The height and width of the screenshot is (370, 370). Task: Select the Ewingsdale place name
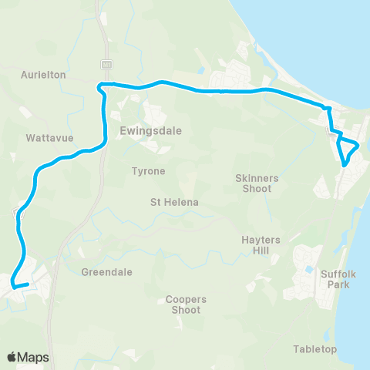[151, 130]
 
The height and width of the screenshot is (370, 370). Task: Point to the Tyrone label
[149, 170]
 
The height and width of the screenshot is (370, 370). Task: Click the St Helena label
[174, 202]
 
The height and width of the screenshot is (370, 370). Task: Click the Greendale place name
[107, 272]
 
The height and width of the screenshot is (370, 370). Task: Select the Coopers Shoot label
[183, 304]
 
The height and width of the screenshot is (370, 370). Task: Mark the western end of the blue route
[12, 286]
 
